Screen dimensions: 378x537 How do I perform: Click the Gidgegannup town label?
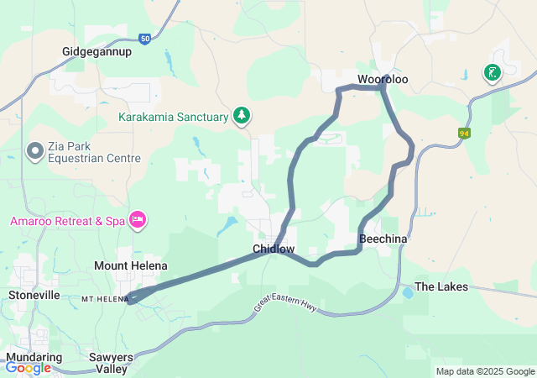pos(97,51)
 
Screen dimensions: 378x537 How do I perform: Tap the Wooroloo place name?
pos(383,79)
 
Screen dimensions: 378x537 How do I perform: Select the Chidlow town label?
pos(274,249)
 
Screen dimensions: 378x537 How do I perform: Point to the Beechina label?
pos(383,239)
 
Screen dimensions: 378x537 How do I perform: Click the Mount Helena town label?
pos(128,265)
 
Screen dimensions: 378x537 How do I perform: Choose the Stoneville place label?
pos(34,295)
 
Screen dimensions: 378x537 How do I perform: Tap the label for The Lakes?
pos(436,286)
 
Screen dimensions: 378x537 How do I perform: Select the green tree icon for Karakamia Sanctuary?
pos(242,115)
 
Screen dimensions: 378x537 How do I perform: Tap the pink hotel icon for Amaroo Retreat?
pos(138,220)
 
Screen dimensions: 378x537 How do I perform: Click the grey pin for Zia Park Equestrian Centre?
pos(35,151)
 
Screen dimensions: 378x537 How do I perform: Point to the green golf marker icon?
pos(492,73)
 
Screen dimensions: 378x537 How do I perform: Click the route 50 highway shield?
pos(145,39)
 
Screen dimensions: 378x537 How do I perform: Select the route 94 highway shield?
pos(463,133)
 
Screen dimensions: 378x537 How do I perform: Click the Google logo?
pos(28,368)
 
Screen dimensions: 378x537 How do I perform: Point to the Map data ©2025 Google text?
pos(485,371)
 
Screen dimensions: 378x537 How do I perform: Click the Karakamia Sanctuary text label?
pos(173,117)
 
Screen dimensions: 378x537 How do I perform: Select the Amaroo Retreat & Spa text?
pos(68,221)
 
